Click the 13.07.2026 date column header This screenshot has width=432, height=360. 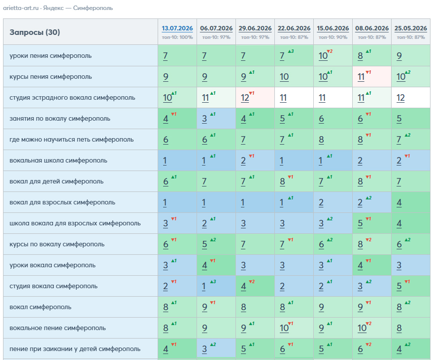tap(177, 28)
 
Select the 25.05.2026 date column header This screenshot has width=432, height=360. tap(411, 28)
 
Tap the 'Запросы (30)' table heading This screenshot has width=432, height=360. tap(35, 32)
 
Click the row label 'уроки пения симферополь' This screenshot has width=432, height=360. tap(50, 56)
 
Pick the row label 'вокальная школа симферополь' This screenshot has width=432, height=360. tap(58, 161)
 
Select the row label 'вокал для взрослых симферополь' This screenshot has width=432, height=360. tap(62, 202)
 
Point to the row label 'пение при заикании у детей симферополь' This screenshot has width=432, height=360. tap(75, 349)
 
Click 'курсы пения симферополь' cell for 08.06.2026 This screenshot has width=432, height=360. tap(372, 77)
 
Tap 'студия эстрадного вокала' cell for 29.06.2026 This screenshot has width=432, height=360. tap(255, 98)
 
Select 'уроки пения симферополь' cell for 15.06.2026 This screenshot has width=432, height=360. tap(333, 56)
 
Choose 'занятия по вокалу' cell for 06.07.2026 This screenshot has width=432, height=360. tap(216, 119)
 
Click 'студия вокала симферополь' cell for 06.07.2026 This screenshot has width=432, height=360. tap(216, 286)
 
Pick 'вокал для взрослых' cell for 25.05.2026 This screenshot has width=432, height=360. tap(411, 202)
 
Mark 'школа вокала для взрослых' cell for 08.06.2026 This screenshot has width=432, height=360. tap(372, 223)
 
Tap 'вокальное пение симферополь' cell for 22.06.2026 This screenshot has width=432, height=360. tap(294, 328)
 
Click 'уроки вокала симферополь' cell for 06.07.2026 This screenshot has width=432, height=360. tap(216, 265)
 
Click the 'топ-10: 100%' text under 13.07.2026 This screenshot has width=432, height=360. tap(177, 37)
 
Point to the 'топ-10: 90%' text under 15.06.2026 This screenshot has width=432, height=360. tap(333, 37)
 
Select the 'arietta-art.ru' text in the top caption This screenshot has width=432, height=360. tap(20, 8)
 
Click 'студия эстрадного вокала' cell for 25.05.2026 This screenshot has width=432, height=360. tap(411, 98)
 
